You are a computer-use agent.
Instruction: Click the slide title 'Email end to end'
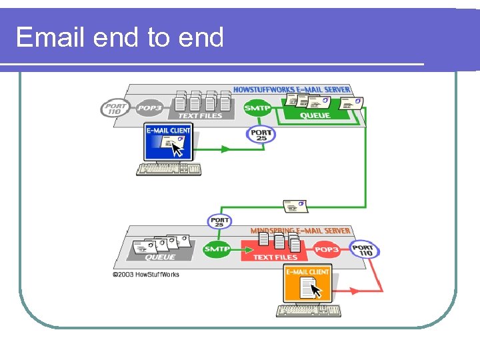coord(119,37)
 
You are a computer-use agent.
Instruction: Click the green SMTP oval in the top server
coord(257,108)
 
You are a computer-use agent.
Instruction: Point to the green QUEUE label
coord(315,115)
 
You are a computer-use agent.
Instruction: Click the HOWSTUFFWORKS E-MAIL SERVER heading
coord(291,89)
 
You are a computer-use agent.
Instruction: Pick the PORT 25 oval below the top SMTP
coord(261,134)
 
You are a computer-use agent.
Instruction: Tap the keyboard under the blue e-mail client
coord(169,169)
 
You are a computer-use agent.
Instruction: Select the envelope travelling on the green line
coord(295,206)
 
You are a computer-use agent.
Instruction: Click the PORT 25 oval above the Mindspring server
coord(219,221)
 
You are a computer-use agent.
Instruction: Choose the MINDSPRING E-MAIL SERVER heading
coord(300,231)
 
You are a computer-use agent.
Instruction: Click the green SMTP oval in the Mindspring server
coord(217,249)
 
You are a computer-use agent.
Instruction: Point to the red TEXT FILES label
coord(275,257)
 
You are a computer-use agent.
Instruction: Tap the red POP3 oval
coord(327,249)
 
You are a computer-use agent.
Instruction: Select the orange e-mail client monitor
coord(307,285)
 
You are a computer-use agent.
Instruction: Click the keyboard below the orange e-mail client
coord(309,311)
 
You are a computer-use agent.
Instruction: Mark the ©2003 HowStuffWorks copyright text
coord(145,274)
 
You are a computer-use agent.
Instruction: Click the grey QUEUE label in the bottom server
coord(160,257)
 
